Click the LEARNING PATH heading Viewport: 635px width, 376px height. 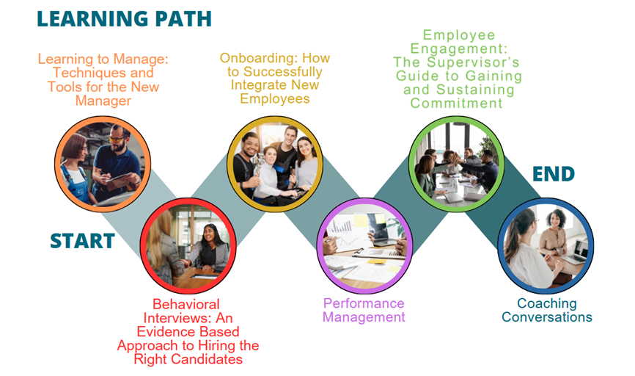(125, 19)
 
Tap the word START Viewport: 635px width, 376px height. (83, 241)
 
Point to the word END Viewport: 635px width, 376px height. (554, 174)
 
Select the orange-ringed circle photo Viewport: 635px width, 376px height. (103, 164)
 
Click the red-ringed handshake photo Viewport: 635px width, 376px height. (188, 246)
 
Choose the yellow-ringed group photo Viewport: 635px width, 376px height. (275, 164)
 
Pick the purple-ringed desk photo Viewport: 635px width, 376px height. (365, 246)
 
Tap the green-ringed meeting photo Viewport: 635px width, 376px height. (456, 164)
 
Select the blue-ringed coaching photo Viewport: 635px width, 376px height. (546, 246)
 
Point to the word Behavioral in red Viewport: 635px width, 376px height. (186, 304)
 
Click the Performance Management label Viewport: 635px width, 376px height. (364, 311)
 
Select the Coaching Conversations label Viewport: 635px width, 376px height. (547, 311)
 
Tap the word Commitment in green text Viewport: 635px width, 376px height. (456, 103)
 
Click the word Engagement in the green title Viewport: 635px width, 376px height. (458, 48)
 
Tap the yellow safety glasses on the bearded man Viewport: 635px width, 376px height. (117, 139)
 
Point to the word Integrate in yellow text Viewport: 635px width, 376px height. (254, 86)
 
